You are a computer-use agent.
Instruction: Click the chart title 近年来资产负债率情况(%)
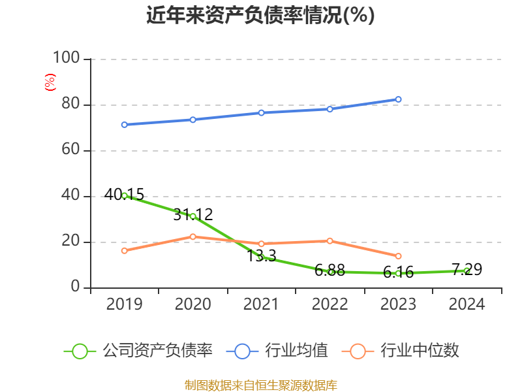click(260, 15)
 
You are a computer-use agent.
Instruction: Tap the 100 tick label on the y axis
click(66, 59)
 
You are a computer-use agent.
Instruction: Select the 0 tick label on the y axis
click(75, 287)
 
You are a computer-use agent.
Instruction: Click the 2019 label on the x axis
click(124, 304)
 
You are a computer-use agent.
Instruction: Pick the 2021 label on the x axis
click(261, 304)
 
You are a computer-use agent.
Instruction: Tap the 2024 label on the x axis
click(467, 304)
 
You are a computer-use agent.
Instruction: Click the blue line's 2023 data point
click(398, 99)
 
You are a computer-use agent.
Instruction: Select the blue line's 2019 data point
click(124, 125)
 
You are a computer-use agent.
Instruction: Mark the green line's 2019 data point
click(124, 195)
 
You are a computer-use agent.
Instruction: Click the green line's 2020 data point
click(192, 216)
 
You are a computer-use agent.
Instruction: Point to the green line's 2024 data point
click(467, 270)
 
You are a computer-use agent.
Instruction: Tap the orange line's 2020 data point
click(192, 237)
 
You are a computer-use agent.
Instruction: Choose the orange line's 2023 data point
click(398, 256)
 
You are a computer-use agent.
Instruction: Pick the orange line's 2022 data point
click(330, 241)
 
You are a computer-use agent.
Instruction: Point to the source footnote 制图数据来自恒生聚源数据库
click(260, 385)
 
